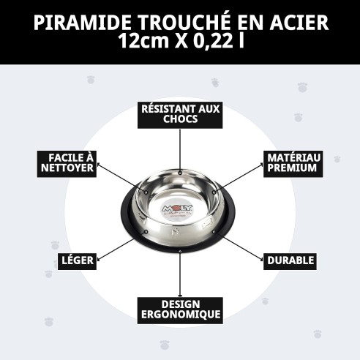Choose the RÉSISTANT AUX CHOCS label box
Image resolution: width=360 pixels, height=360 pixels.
pos(180,113)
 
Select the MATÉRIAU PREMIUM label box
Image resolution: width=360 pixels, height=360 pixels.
pos(291,163)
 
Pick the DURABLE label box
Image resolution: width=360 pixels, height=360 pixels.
pos(290,260)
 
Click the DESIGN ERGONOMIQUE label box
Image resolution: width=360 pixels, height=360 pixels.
pos(180,309)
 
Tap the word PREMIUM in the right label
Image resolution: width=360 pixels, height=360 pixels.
pos(291,168)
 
